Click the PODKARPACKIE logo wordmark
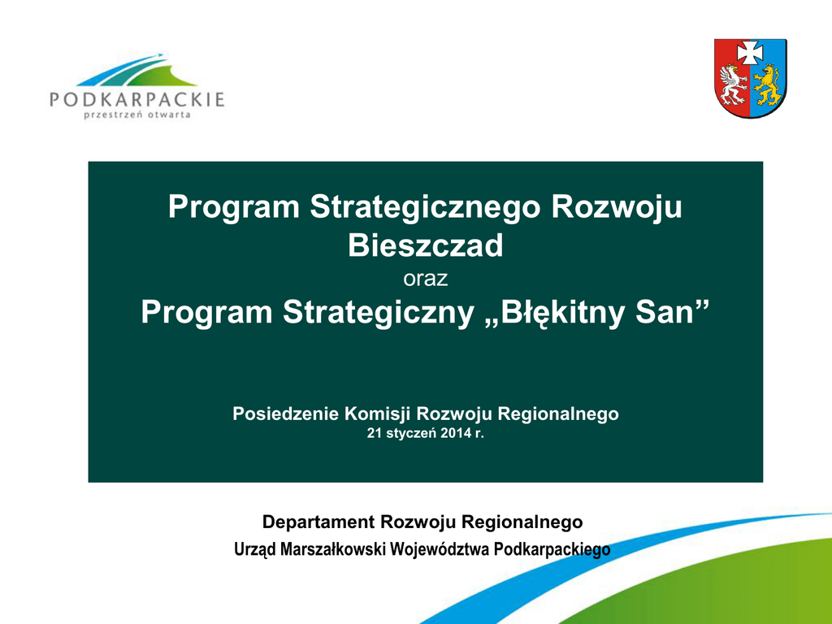[x=136, y=99]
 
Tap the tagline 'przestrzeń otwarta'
[x=136, y=115]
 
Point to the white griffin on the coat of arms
[x=734, y=84]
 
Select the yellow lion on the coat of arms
[x=767, y=84]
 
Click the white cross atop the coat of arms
[x=750, y=52]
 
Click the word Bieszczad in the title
[x=426, y=245]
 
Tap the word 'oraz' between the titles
[x=426, y=278]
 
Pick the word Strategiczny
[x=378, y=312]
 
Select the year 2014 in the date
[x=456, y=433]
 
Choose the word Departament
[x=318, y=522]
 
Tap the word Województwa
[x=440, y=549]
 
